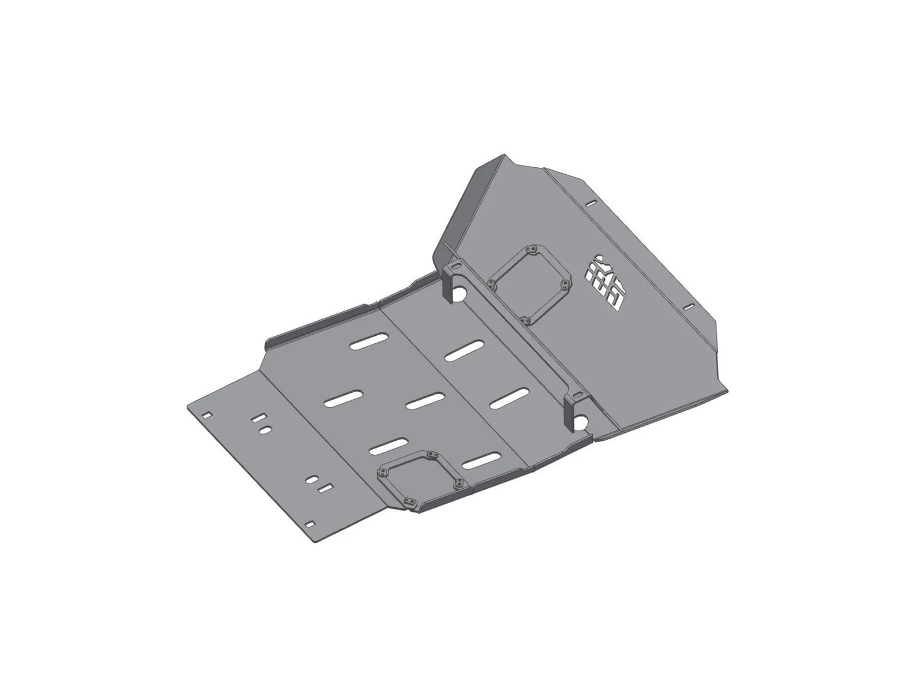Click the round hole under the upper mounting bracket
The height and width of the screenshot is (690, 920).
click(459, 294)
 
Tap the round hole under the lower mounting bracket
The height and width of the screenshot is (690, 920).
click(581, 423)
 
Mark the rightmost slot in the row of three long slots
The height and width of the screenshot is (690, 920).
click(509, 398)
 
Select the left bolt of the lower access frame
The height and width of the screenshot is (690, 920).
click(381, 473)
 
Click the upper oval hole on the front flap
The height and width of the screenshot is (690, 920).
click(265, 430)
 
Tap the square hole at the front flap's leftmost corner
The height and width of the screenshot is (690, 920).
click(207, 413)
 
